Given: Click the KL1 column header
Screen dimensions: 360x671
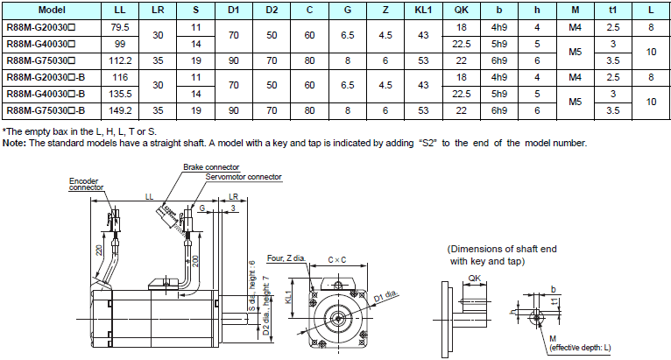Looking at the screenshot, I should tap(423, 10).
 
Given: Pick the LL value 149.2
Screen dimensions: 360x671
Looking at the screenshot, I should tap(120, 111).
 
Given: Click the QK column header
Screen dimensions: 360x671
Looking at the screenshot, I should tap(462, 10).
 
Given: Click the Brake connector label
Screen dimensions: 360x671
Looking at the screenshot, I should tap(211, 166).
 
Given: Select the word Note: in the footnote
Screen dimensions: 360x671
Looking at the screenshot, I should tap(14, 143).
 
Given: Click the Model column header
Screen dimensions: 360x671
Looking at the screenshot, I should tap(52, 10).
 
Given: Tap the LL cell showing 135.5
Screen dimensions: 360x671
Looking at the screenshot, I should tap(120, 94).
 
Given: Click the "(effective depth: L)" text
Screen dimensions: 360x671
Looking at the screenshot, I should tap(580, 348).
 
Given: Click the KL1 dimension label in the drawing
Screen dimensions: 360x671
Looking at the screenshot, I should tap(290, 298).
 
